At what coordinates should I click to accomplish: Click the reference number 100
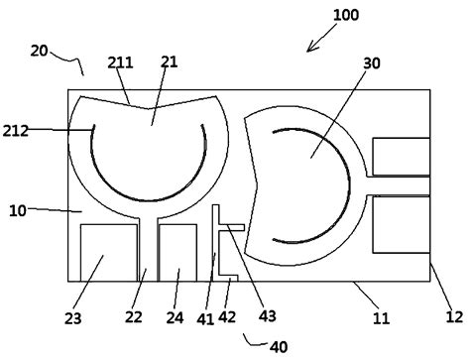point(346,15)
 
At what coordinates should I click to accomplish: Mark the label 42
point(229,317)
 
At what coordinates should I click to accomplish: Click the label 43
point(267,317)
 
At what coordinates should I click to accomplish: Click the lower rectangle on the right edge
point(401,223)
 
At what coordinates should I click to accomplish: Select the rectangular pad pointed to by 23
point(108,253)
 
